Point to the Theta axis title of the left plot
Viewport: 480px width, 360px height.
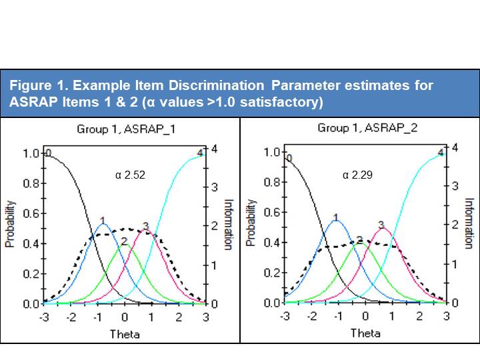(125, 333)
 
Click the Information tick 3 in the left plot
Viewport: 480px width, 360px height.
(215, 187)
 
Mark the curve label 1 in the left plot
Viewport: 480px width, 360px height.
(103, 219)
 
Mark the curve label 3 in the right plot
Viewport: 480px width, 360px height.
(381, 225)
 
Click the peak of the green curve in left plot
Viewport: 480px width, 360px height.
(125, 245)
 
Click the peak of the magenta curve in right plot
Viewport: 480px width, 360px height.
(382, 229)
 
